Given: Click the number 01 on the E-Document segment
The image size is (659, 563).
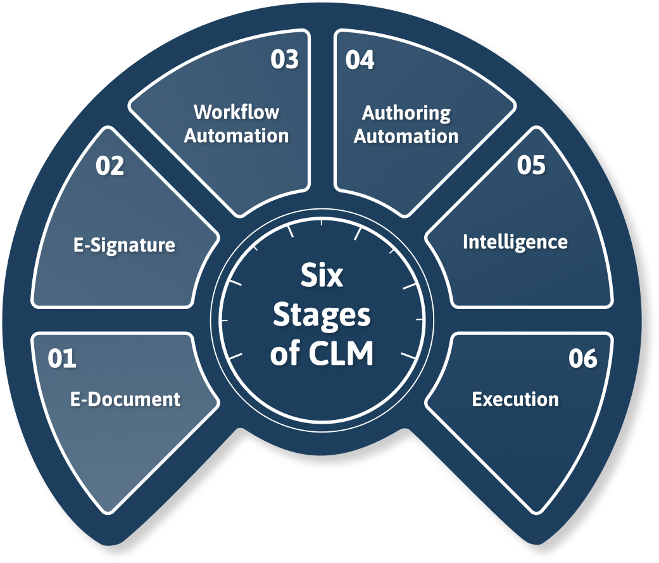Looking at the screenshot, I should coord(62,358).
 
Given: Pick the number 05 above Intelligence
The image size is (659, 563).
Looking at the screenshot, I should coord(530,165).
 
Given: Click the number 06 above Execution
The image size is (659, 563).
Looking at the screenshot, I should coord(582,358).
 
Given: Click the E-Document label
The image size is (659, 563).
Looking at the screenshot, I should coord(125,399).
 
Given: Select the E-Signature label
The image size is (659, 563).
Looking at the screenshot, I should coord(124,244).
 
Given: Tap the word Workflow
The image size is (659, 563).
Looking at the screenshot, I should coord(236,112).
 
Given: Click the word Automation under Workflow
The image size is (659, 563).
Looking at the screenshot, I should coord(236,136).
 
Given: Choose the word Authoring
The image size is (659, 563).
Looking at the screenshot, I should coord(406,113).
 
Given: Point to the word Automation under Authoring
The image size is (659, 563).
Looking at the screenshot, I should coord(406,136).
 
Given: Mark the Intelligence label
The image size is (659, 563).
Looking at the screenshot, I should coord(515,242).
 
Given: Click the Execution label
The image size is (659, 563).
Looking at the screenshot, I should coord(515,399).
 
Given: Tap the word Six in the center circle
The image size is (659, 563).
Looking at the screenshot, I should coord(322,276).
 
